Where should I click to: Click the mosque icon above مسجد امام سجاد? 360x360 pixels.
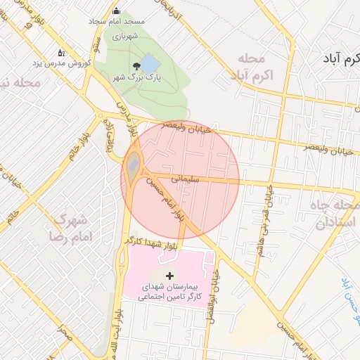pyautogui.click(x=116, y=11)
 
